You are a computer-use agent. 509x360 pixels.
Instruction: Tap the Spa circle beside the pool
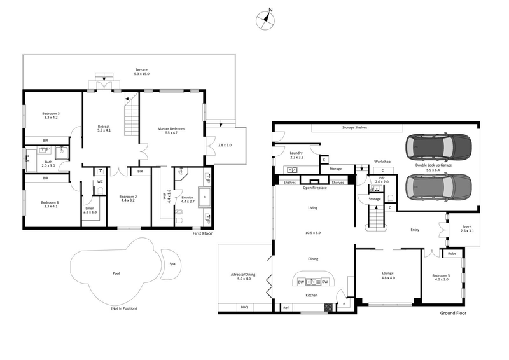click(171, 264)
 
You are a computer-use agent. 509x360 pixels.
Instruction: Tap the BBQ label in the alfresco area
click(243, 307)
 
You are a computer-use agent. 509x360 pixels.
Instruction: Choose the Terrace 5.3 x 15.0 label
click(141, 72)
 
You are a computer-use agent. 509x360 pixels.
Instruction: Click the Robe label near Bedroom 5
click(452, 254)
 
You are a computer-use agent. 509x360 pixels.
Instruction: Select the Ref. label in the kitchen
click(286, 308)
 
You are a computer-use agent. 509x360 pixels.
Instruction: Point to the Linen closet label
click(90, 209)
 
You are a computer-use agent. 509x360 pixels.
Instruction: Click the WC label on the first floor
click(100, 181)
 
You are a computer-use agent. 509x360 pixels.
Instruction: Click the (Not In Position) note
click(123, 308)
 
